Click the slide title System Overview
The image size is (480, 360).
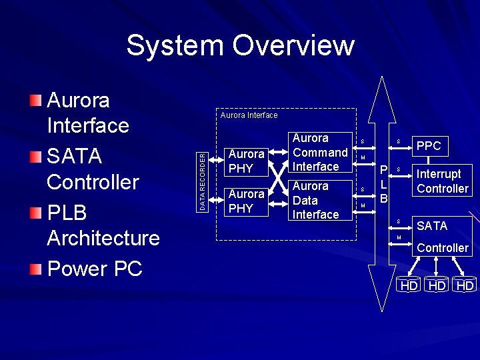240,45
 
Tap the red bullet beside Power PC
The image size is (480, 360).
35,269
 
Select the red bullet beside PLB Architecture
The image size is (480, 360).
35,213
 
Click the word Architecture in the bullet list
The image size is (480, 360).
103,238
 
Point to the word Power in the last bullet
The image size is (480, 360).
77,269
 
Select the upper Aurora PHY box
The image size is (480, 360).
246,161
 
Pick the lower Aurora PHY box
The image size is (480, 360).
246,201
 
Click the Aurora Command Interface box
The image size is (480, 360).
319,153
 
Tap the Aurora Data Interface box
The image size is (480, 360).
319,200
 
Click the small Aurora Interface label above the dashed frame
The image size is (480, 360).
249,115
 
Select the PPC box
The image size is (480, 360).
428,146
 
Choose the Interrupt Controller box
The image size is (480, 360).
442,181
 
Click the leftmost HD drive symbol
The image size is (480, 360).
408,285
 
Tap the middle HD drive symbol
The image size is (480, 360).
437,285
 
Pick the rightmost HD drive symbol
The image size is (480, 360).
465,285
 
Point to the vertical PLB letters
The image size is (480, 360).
384,183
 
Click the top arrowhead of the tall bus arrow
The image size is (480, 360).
381,90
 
